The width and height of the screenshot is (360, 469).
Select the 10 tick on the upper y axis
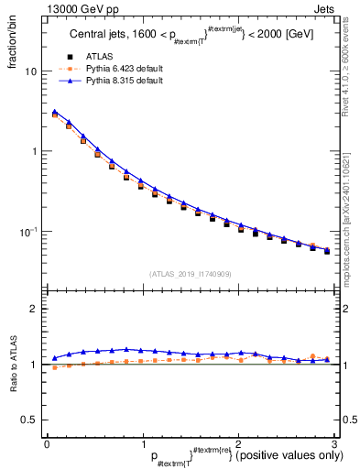32,71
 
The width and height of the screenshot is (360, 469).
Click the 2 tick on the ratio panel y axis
34,310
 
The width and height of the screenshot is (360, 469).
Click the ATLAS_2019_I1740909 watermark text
190,274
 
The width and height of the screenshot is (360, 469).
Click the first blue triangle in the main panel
55,113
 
